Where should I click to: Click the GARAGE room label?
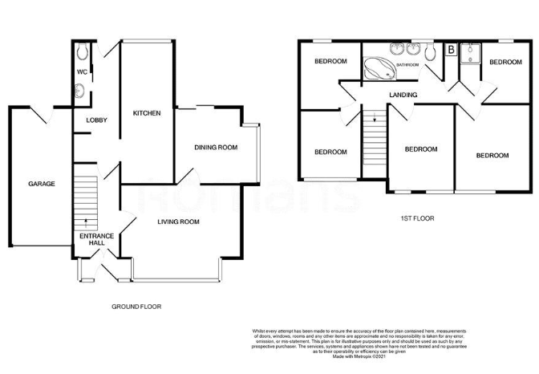[x=42, y=184]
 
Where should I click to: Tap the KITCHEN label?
[x=147, y=113]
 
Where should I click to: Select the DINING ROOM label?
[x=217, y=147]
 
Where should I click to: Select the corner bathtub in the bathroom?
[x=378, y=69]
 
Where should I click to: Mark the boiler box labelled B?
[x=451, y=51]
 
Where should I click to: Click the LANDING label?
[x=403, y=95]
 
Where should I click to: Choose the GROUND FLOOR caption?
[x=133, y=307]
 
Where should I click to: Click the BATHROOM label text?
[x=404, y=64]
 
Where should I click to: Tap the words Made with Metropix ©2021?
[x=391, y=357]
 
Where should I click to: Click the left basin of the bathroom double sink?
[x=395, y=48]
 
